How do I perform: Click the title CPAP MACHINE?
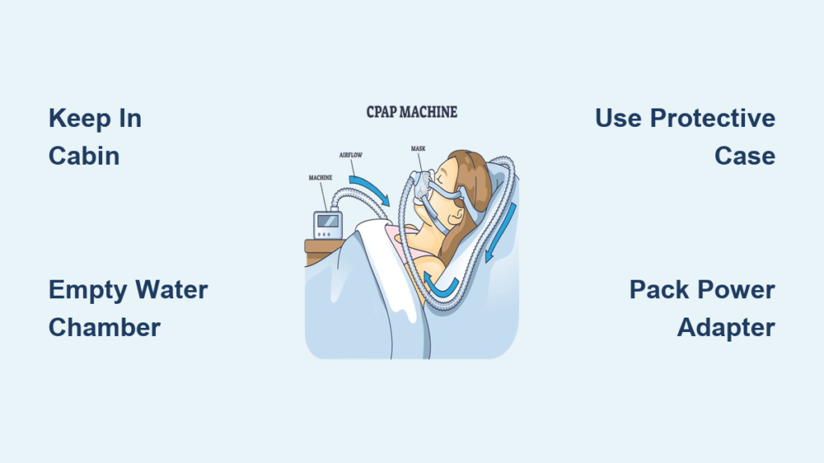(x=411, y=112)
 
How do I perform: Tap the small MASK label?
(x=418, y=149)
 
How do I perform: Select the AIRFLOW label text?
(x=351, y=155)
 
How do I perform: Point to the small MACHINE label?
(x=320, y=178)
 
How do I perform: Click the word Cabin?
(x=84, y=156)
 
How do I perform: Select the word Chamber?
(x=105, y=328)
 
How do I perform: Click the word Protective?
(x=713, y=118)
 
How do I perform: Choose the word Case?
(x=744, y=156)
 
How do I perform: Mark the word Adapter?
(x=727, y=328)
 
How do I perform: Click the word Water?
(x=171, y=289)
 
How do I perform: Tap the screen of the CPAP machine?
(x=328, y=221)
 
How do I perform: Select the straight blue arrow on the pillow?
(x=501, y=232)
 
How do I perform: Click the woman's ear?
(x=457, y=214)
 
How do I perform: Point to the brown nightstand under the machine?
(x=322, y=251)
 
